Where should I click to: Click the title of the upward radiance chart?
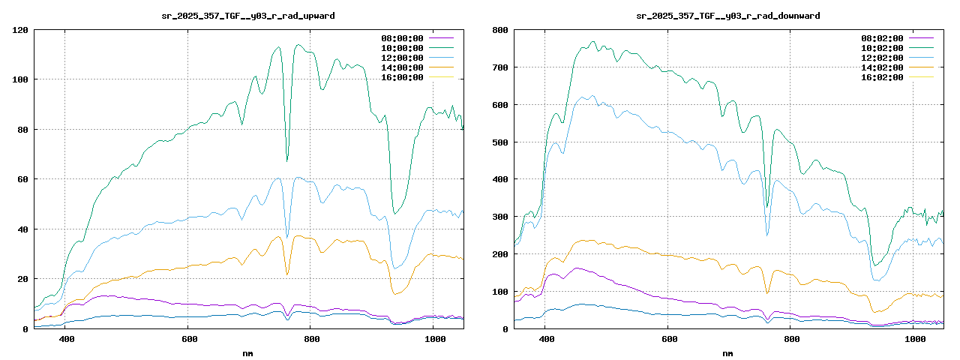[248, 15]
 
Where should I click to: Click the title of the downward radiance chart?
[728, 15]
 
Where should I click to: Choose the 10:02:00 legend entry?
[881, 48]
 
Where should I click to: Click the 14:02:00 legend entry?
[881, 67]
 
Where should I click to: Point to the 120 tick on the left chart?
[20, 30]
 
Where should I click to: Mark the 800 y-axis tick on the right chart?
[500, 30]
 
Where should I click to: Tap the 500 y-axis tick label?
[500, 142]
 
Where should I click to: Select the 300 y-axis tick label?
[500, 217]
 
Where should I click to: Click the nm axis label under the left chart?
[248, 352]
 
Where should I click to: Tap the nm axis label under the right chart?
[728, 352]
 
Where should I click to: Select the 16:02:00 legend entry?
[881, 77]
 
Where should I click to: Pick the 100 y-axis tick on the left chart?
[20, 79]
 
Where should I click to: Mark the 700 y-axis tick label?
[500, 67]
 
